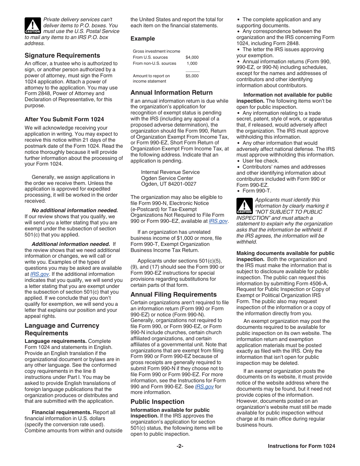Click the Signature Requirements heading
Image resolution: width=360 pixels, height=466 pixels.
[63, 55]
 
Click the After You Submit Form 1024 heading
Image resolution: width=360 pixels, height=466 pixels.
[64, 119]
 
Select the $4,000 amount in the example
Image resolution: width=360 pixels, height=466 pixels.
[192, 57]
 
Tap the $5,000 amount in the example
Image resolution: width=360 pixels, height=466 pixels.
[192, 76]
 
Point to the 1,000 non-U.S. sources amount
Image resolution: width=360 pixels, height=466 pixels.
[192, 63]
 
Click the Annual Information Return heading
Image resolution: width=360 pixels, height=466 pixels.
[172, 92]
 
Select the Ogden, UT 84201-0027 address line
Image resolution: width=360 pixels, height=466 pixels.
[169, 184]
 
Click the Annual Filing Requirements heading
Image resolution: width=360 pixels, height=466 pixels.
[174, 294]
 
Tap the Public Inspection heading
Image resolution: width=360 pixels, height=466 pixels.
[157, 402]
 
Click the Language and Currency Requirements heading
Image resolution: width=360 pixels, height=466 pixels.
[62, 329]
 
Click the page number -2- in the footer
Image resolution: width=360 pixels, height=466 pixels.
[180, 446]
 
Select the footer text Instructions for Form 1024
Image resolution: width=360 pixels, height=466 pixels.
[301, 446]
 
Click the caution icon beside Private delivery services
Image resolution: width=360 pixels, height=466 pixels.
[33, 25]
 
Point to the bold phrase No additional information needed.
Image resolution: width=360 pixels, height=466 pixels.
[75, 210]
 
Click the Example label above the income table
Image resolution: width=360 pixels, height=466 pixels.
[143, 39]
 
